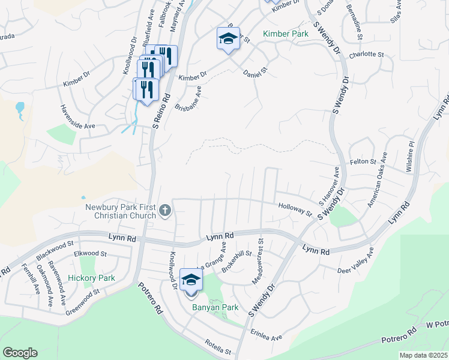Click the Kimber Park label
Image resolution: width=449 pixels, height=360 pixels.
coord(286,34)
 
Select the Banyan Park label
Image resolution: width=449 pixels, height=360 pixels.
coord(215,308)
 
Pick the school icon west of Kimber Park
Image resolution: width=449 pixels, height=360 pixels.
coord(228,39)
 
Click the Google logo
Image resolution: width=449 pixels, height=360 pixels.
coord(20,353)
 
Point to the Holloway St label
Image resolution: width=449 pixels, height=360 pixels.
coord(295,209)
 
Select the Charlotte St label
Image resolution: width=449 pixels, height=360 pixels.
coord(366,54)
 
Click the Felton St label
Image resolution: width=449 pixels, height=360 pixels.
coord(363,162)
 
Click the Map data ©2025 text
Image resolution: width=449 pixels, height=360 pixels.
coord(423,355)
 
